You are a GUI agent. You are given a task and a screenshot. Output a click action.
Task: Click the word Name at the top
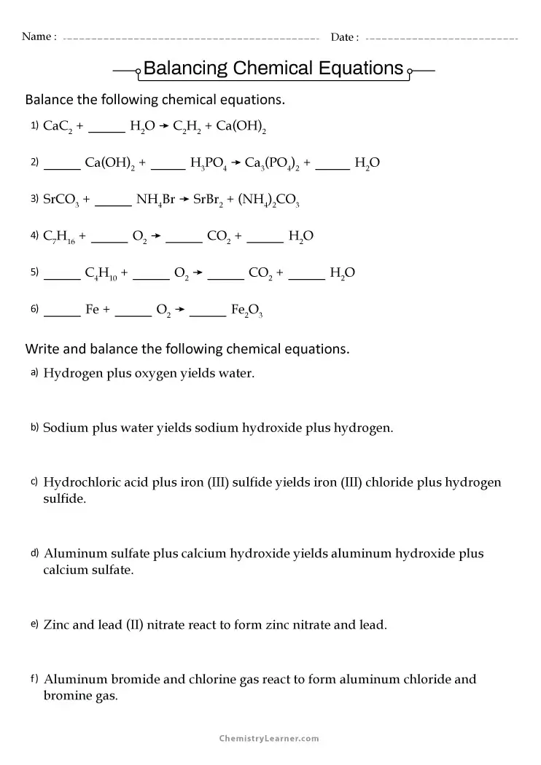[36, 37]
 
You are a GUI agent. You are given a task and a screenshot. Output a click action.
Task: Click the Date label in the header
[343, 37]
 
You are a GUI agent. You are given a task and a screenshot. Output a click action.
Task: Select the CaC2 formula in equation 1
[58, 127]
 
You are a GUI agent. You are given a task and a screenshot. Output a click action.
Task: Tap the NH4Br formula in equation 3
[155, 200]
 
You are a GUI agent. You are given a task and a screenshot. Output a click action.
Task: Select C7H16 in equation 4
[59, 237]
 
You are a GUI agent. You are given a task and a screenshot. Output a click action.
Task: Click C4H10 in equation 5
[101, 274]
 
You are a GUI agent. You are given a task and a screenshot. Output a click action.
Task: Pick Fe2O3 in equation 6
[246, 310]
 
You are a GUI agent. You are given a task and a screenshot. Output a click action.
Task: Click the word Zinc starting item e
[58, 625]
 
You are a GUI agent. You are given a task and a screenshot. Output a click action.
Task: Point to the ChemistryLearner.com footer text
[270, 738]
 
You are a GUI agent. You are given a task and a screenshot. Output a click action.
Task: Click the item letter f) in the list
[34, 679]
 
